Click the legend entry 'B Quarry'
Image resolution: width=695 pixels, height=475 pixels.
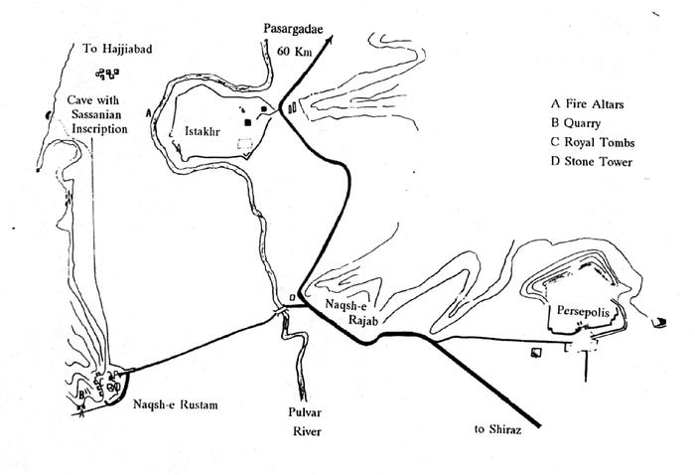(x=581, y=122)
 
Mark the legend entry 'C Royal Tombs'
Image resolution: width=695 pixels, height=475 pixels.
(x=595, y=141)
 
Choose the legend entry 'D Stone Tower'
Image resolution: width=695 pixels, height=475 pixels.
(x=595, y=161)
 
